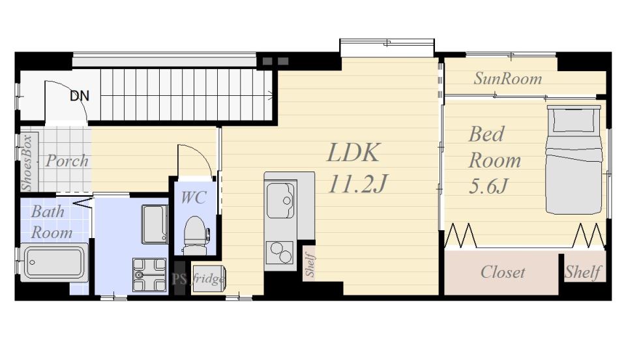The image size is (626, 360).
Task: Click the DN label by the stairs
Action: (x=80, y=96)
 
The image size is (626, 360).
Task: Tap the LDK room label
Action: (x=353, y=153)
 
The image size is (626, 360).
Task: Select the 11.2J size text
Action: (x=357, y=184)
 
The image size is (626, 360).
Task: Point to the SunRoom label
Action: (x=508, y=79)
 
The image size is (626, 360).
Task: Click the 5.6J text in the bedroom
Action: (x=488, y=186)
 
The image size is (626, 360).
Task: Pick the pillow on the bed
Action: (x=574, y=120)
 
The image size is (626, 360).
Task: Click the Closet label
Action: (x=503, y=272)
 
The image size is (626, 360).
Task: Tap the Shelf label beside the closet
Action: (x=583, y=272)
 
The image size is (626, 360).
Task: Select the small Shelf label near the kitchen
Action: (x=310, y=264)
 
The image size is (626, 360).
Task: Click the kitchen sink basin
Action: (x=280, y=200)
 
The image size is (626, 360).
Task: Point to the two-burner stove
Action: (x=280, y=252)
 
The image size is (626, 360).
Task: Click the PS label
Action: (x=179, y=279)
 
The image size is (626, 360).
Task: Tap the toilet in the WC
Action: (x=196, y=235)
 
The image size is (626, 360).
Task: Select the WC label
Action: (x=194, y=198)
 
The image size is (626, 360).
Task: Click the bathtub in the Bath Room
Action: (x=54, y=262)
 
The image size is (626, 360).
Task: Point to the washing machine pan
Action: (x=149, y=275)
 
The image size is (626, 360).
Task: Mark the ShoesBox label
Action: (x=27, y=163)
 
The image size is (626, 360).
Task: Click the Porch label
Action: (x=67, y=161)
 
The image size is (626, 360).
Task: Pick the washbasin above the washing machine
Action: (x=155, y=224)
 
